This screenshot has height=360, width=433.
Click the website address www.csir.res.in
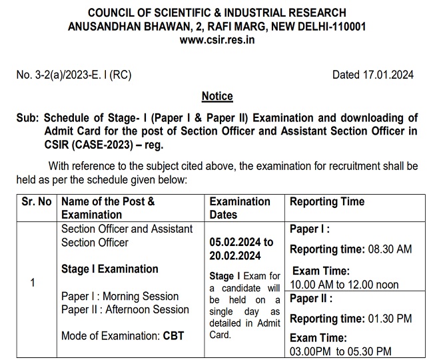pyautogui.click(x=217, y=39)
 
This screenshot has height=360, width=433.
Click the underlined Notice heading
pyautogui.click(x=217, y=96)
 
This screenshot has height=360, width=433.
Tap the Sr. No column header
pyautogui.click(x=31, y=201)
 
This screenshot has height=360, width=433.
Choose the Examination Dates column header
pyautogui.click(x=240, y=208)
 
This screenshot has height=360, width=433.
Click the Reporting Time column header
pyautogui.click(x=327, y=201)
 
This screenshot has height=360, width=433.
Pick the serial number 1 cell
pyautogui.click(x=32, y=283)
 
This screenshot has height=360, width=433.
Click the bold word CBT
pyautogui.click(x=173, y=335)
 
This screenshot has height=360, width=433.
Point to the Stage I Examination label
pyautogui.click(x=110, y=269)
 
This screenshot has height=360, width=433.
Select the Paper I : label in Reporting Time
pyautogui.click(x=309, y=229)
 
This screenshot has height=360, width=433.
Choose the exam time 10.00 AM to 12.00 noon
pyautogui.click(x=344, y=285)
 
